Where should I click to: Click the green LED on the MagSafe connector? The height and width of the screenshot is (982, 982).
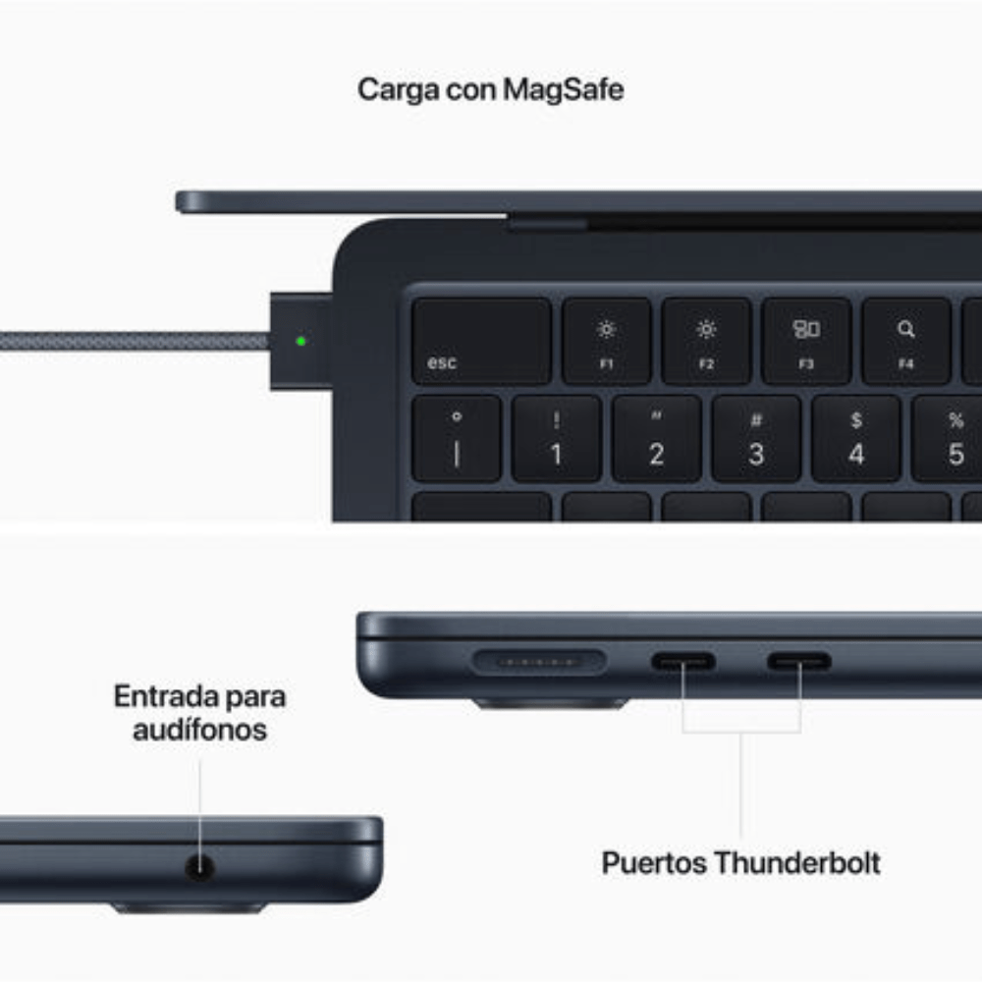(300, 342)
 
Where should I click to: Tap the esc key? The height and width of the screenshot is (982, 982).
(480, 341)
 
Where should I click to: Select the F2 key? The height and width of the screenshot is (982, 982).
(706, 341)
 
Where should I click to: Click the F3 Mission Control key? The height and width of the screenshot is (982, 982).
(806, 341)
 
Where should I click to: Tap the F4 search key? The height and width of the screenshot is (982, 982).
(905, 341)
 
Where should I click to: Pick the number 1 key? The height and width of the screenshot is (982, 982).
(556, 439)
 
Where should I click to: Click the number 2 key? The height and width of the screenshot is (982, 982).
(656, 439)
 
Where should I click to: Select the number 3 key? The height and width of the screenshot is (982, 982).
(756, 439)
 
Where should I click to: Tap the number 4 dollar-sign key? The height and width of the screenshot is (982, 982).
(856, 439)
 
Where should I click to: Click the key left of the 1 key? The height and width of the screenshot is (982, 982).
(456, 439)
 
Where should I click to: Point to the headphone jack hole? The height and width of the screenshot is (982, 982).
(200, 867)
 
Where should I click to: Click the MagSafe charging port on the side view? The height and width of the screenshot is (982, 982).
(538, 661)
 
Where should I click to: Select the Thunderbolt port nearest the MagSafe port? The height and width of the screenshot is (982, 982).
(683, 661)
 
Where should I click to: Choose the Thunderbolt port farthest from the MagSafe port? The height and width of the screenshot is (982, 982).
(799, 661)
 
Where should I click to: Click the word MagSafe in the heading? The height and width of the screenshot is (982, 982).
(563, 89)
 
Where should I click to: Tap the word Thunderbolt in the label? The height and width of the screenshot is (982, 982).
(796, 863)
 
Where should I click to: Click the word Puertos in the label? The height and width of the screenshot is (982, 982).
(654, 863)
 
